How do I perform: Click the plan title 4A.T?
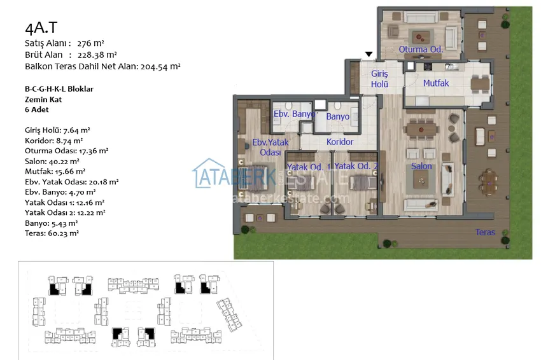click(x=41, y=27)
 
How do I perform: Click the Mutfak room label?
click(x=436, y=83)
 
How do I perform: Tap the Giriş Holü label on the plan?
click(x=379, y=79)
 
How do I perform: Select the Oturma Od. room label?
click(x=421, y=50)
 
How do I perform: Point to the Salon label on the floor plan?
click(x=421, y=166)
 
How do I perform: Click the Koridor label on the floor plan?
click(x=340, y=142)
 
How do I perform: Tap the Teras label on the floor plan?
click(x=485, y=232)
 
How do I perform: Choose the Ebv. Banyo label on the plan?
click(x=294, y=114)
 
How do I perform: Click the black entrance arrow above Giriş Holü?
click(x=369, y=54)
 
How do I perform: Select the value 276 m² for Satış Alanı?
click(x=90, y=43)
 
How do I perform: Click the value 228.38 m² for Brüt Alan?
click(x=97, y=55)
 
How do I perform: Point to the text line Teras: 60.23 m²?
click(x=52, y=233)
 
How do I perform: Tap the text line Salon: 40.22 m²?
click(x=52, y=162)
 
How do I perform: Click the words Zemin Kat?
click(x=43, y=99)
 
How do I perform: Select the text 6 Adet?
click(x=36, y=109)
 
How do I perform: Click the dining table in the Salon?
click(x=421, y=130)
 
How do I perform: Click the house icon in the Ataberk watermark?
click(x=208, y=173)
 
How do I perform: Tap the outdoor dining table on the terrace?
click(x=489, y=182)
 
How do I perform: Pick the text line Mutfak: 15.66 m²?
click(x=55, y=171)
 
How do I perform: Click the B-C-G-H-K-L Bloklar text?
click(x=59, y=89)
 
